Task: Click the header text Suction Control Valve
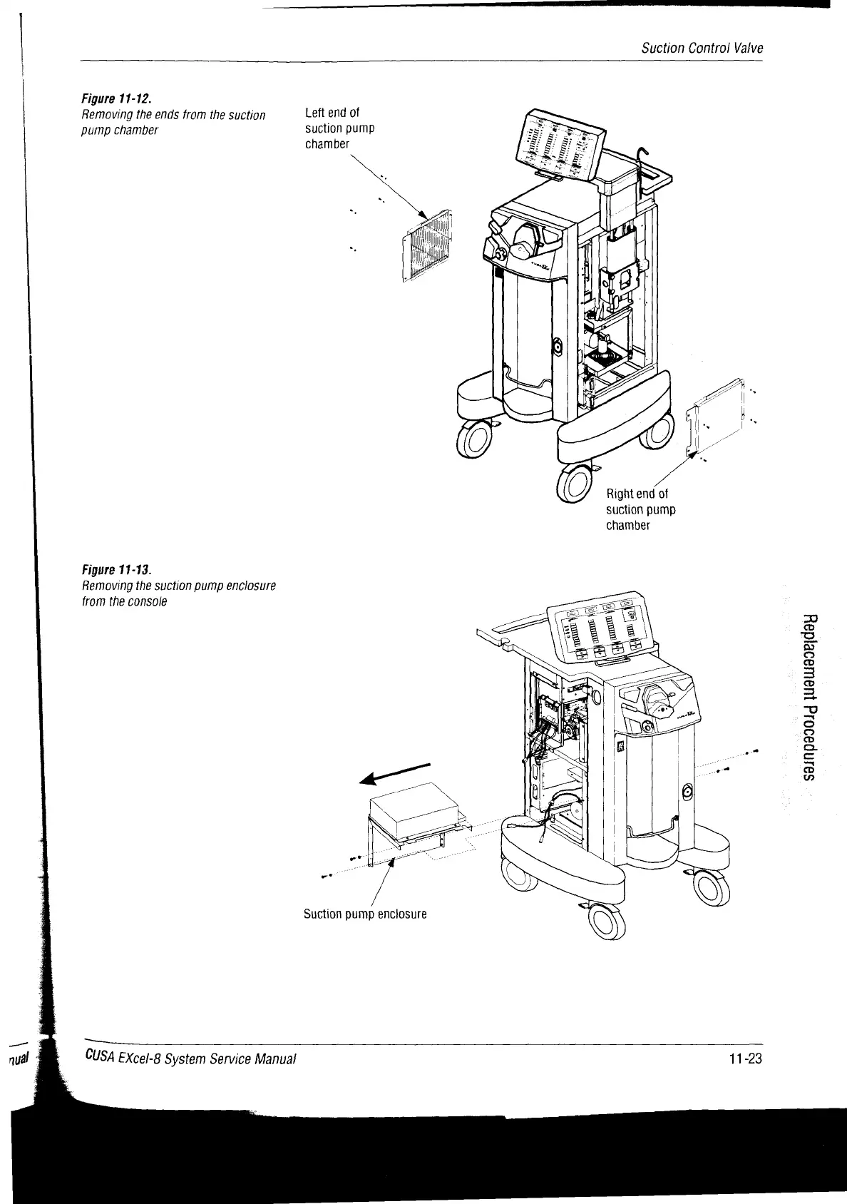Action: click(x=702, y=49)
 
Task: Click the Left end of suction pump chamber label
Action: click(x=339, y=128)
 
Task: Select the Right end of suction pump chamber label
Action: click(x=640, y=509)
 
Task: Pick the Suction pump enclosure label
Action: click(x=365, y=914)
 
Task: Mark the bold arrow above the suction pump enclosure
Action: click(x=395, y=774)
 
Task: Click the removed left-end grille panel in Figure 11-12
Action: click(x=428, y=244)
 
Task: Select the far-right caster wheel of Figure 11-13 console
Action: click(x=713, y=889)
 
